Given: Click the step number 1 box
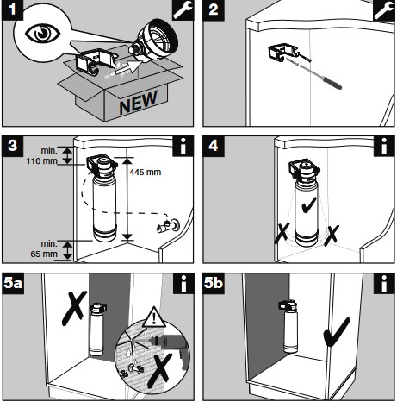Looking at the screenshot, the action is coord(12,10).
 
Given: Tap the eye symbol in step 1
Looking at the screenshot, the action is coord(43,34).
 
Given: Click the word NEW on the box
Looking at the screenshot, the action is coord(138,102).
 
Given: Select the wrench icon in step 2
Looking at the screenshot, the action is coord(383,10).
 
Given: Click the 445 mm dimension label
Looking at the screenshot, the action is coord(145,173).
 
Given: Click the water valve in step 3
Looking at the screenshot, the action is coord(168,225).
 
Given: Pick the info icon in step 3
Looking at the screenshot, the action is coord(183,146).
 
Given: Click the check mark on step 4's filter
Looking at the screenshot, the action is coord(309,204).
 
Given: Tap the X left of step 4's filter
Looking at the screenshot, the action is coord(282,233).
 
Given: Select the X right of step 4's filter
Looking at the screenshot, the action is coord(332,236).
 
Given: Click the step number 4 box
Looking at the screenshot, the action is coord(214,146).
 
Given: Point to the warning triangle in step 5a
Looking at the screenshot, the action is coord(154,317).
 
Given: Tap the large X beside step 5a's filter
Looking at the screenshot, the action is coord(75,308).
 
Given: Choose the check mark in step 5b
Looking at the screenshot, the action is coord(337,332).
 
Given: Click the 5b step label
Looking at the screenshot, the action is coord(214,284).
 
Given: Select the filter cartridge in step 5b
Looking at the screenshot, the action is coord(290,326).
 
